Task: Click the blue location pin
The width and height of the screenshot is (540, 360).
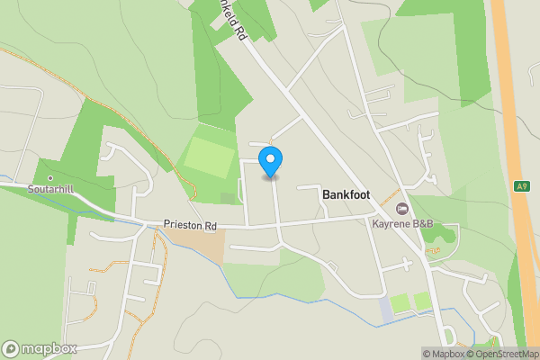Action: (271, 162)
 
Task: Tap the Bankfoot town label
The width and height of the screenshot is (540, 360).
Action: (346, 194)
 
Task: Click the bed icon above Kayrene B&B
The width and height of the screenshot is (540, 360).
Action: (402, 209)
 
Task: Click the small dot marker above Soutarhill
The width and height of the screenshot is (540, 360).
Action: (50, 178)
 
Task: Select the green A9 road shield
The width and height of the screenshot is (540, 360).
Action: (522, 186)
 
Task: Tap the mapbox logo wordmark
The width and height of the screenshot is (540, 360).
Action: (49, 348)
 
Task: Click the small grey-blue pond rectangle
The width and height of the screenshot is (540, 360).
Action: (386, 310)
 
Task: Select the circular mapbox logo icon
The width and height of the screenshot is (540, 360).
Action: (12, 348)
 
